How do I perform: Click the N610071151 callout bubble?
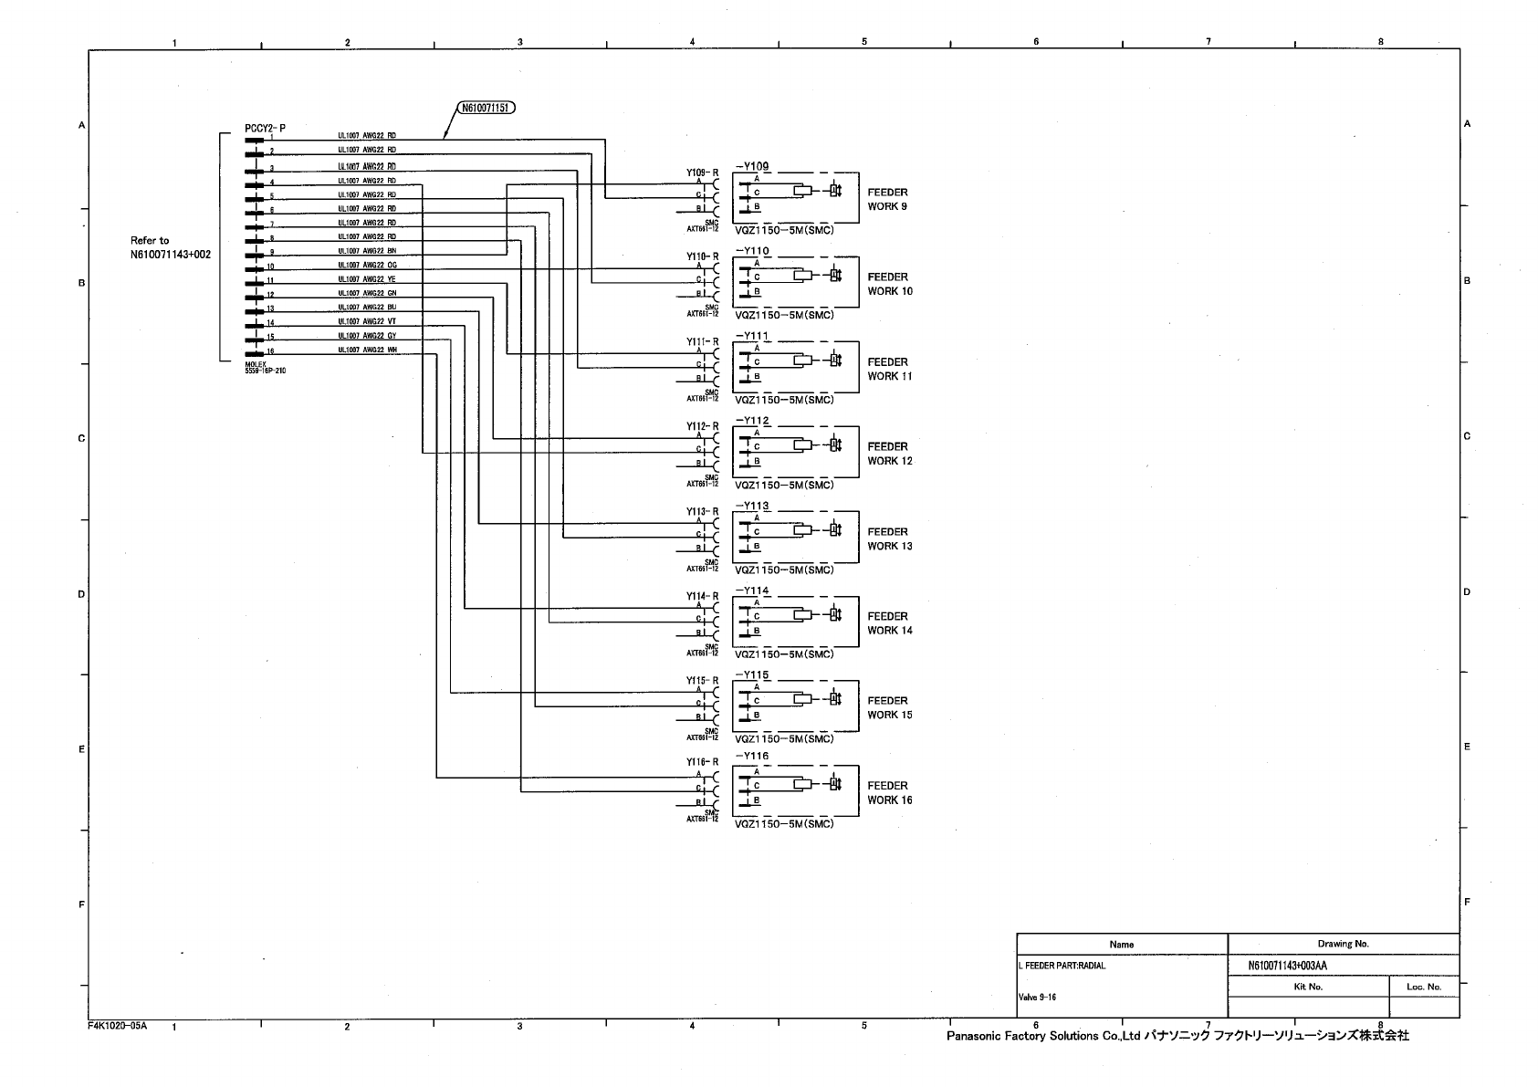pos(485,108)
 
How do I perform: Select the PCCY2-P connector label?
pos(265,129)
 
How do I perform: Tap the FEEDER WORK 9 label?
pos(887,199)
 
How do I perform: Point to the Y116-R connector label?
pos(703,762)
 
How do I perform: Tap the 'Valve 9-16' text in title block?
pos(1037,998)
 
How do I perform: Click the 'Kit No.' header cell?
pos(1308,987)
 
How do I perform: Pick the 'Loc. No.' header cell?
pos(1423,987)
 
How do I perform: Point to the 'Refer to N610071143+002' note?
pos(170,247)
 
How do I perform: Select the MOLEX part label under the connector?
pos(265,368)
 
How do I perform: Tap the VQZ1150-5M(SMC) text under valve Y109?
pos(784,230)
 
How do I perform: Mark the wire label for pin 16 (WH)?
pos(367,350)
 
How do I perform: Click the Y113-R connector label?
pos(703,511)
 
